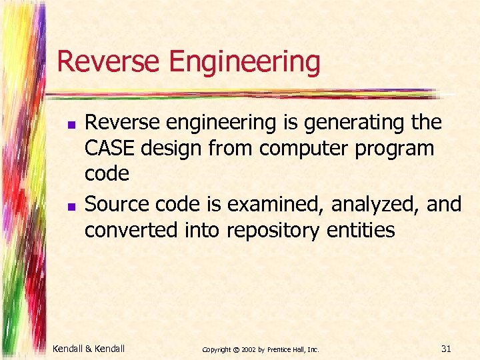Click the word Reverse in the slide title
pyautogui.click(x=109, y=61)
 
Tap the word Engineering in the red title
pyautogui.click(x=245, y=63)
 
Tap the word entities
pyautogui.click(x=361, y=230)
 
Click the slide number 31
pyautogui.click(x=446, y=348)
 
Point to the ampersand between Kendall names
pyautogui.click(x=90, y=349)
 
